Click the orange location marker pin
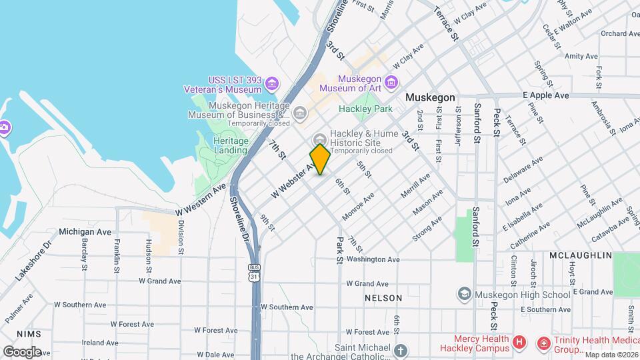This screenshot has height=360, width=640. click(x=320, y=159)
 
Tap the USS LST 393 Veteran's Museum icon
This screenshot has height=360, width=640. click(x=271, y=83)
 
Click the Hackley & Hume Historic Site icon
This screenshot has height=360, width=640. click(x=320, y=139)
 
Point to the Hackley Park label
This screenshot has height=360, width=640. click(x=365, y=108)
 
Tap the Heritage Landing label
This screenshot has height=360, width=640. click(x=231, y=145)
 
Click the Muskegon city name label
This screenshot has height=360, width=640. click(x=431, y=97)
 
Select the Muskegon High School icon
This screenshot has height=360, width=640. click(x=464, y=294)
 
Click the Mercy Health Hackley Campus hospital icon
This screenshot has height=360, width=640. click(x=519, y=343)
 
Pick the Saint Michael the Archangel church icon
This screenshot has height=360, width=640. click(x=400, y=349)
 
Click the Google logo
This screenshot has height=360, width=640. click(x=22, y=351)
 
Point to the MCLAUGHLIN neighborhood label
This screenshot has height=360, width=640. click(x=580, y=255)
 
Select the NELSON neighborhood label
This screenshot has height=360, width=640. click(x=383, y=298)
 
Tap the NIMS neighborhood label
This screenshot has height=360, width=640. click(x=29, y=333)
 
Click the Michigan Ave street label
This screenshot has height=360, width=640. click(x=85, y=231)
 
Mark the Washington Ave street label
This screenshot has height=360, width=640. click(x=373, y=259)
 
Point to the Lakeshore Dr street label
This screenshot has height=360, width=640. click(x=33, y=259)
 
